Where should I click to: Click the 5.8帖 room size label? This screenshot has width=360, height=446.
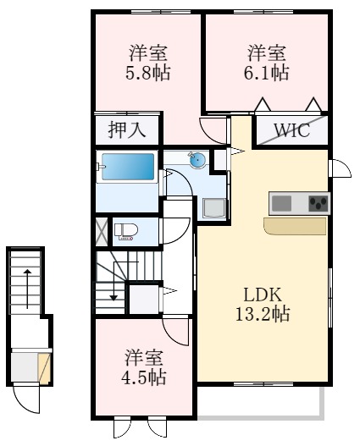click(149, 73)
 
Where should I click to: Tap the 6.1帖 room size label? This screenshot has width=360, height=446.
click(267, 73)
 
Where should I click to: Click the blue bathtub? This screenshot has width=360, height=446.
click(128, 167)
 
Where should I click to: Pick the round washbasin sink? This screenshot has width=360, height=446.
click(197, 160)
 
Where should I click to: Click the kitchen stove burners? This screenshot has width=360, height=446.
click(318, 203)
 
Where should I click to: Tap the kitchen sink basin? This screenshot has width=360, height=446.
click(281, 203)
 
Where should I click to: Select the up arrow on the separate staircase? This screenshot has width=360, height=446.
click(27, 288)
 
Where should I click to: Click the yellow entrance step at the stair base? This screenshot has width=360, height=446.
click(45, 368)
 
